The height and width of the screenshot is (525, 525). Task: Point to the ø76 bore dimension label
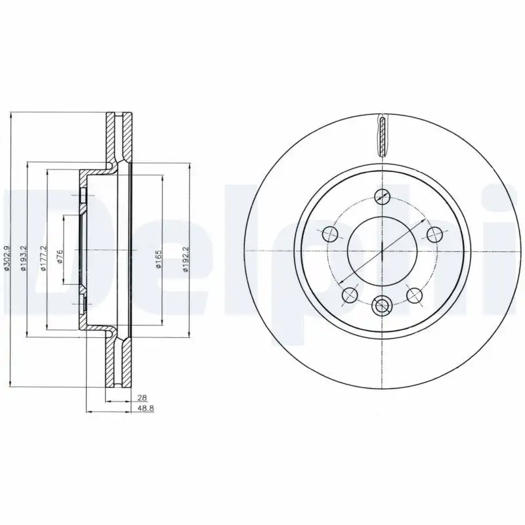(x=59, y=257)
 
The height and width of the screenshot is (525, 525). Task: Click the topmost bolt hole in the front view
(x=382, y=195)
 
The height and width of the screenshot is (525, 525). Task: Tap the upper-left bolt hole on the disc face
(x=330, y=233)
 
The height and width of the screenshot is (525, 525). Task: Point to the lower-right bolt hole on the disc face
(x=414, y=295)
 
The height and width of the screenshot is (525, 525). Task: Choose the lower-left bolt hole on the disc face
(x=350, y=295)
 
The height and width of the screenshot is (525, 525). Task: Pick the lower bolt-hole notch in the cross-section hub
(x=83, y=304)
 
